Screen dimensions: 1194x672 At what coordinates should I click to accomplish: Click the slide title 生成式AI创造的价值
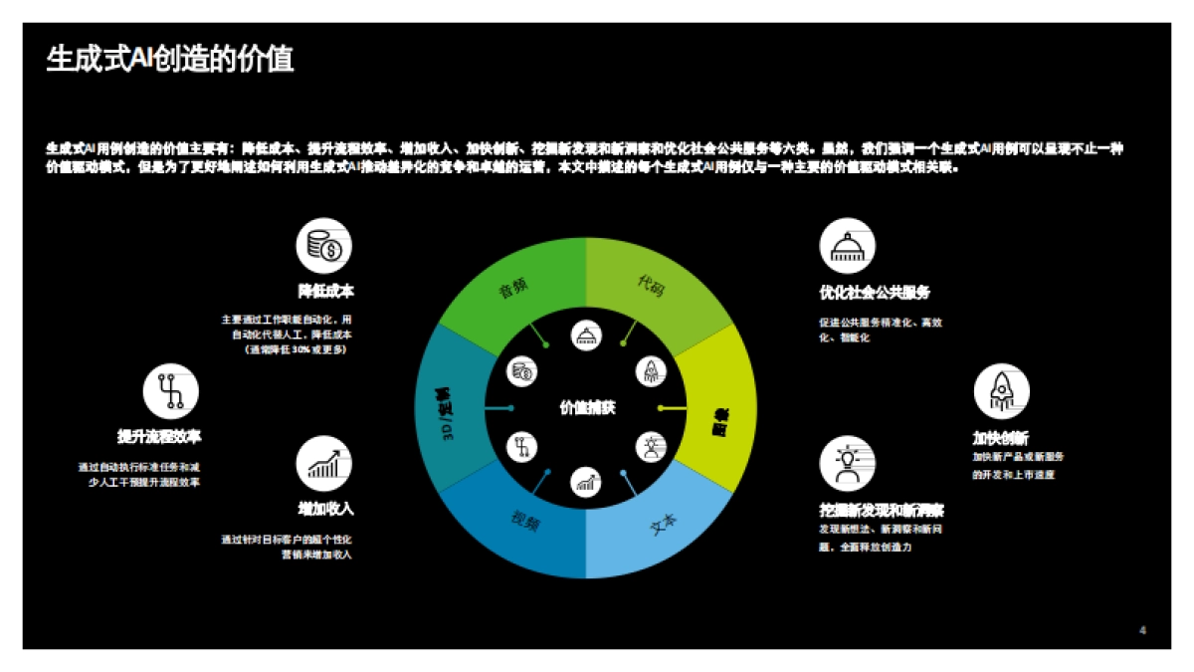pyautogui.click(x=170, y=60)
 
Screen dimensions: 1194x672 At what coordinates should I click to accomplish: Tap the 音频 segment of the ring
pyautogui.click(x=511, y=290)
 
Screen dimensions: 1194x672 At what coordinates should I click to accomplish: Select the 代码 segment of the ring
pyautogui.click(x=651, y=286)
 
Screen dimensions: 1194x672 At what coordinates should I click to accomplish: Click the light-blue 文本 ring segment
pyautogui.click(x=662, y=522)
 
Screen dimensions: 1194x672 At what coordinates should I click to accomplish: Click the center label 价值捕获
pyautogui.click(x=587, y=407)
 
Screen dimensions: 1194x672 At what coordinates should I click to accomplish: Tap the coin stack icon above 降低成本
pyautogui.click(x=324, y=246)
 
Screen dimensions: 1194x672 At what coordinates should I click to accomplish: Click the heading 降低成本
pyautogui.click(x=325, y=292)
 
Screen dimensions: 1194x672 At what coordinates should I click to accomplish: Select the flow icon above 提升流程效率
pyautogui.click(x=171, y=390)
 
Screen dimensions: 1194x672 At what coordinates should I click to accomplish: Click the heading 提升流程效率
pyautogui.click(x=159, y=436)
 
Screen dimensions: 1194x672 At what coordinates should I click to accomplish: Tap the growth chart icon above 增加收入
pyautogui.click(x=324, y=464)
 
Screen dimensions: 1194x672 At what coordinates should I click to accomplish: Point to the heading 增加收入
pyautogui.click(x=325, y=509)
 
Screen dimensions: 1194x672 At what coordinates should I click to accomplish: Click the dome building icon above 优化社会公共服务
pyautogui.click(x=847, y=246)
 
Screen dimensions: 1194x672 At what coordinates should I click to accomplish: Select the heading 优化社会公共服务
pyautogui.click(x=875, y=293)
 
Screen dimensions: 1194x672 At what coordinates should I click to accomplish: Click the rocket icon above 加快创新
pyautogui.click(x=1001, y=391)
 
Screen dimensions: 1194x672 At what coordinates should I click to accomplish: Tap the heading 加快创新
pyautogui.click(x=1000, y=437)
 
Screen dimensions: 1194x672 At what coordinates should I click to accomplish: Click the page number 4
pyautogui.click(x=1142, y=629)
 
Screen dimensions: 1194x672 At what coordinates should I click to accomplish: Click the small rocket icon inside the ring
pyautogui.click(x=650, y=370)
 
